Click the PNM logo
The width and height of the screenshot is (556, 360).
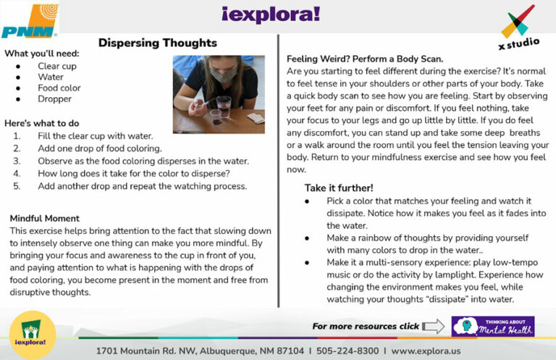30,21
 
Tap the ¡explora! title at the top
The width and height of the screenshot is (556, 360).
278,14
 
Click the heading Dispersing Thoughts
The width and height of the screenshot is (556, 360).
157,43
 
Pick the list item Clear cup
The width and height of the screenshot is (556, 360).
57,66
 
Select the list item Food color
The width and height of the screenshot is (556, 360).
59,88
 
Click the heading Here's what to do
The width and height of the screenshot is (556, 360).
42,123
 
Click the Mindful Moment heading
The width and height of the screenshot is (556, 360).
45,218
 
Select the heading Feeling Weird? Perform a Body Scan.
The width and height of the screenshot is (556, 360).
365,59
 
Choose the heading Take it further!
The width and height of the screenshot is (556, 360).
339,188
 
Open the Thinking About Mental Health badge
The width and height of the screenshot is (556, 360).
492,326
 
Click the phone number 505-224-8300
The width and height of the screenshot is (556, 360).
347,351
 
